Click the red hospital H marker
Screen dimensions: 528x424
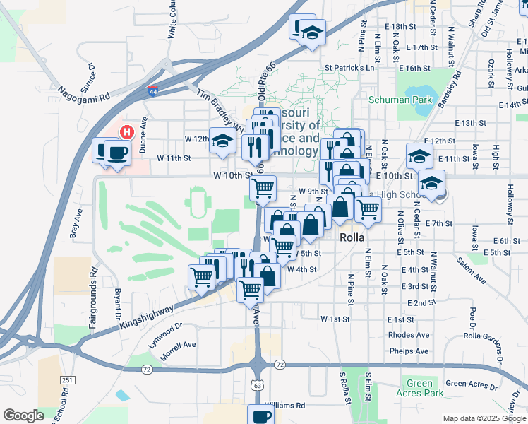[x=127, y=132]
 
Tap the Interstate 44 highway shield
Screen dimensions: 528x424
[x=153, y=90]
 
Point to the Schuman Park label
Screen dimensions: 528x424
[x=400, y=100]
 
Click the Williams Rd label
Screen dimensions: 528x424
[x=289, y=406]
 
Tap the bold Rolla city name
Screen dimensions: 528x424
[x=352, y=238]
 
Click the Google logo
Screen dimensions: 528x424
[x=23, y=416]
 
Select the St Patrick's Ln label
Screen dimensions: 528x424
[x=349, y=68]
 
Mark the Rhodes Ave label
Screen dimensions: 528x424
[x=408, y=335]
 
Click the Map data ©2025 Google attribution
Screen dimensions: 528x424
[x=484, y=418]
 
